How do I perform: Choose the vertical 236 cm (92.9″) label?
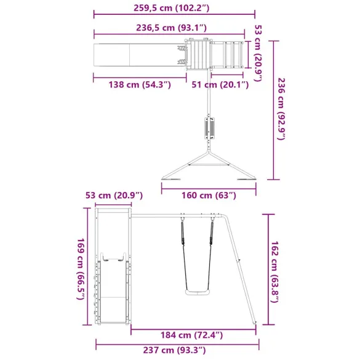click(281, 109)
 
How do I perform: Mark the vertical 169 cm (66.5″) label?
click(80, 269)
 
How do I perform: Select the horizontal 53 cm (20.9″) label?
click(114, 195)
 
